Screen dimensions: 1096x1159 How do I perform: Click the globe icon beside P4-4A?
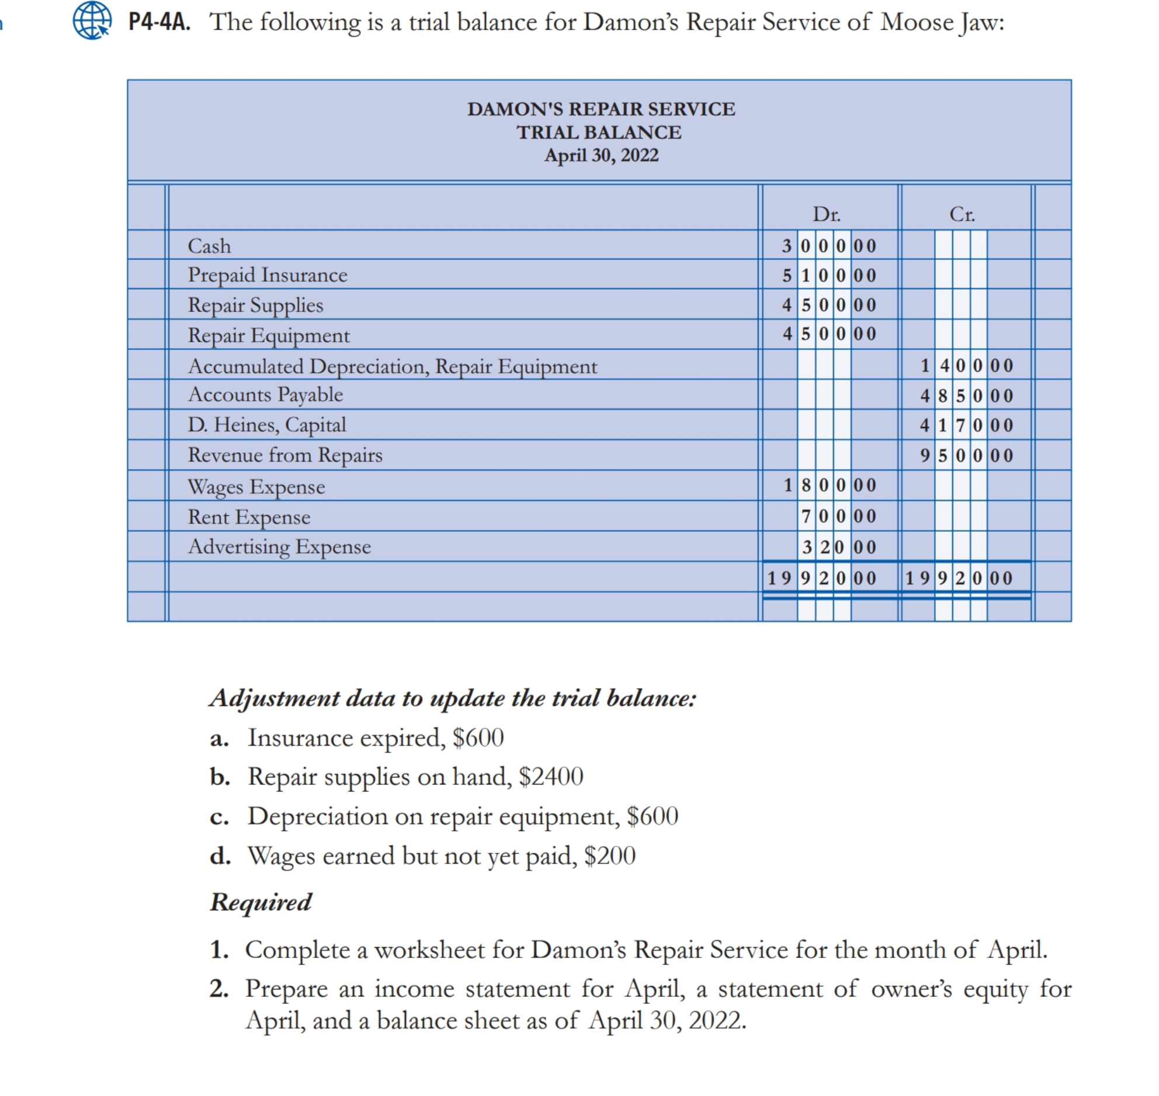coord(92,20)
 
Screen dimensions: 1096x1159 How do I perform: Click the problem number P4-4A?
coord(159,22)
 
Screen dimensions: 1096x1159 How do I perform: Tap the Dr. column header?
coord(827,214)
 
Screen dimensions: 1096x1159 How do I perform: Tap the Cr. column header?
coord(962,214)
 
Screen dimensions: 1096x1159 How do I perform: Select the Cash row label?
coord(209,246)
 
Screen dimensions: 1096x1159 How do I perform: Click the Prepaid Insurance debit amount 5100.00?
coord(829,275)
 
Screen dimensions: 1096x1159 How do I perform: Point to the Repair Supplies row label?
coord(255,306)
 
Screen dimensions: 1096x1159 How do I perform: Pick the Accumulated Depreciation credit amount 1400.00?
coord(966,366)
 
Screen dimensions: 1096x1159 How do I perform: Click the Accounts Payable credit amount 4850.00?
coord(966,396)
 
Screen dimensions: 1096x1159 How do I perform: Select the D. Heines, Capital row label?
coord(267,425)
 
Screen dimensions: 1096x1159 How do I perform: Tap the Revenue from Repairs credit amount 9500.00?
coord(966,455)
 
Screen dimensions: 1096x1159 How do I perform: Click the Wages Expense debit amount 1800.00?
coord(829,485)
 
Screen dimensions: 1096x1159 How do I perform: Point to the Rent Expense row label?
coord(249,517)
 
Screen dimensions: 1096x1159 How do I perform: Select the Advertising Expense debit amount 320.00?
coord(838,547)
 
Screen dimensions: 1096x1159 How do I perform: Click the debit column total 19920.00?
coord(821,578)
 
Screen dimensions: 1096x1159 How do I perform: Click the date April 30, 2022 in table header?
coord(601,155)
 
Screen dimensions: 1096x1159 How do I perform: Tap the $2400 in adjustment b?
coord(551,776)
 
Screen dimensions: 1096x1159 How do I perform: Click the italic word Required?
coord(261,902)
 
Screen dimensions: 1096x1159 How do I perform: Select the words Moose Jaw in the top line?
coord(942,22)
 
